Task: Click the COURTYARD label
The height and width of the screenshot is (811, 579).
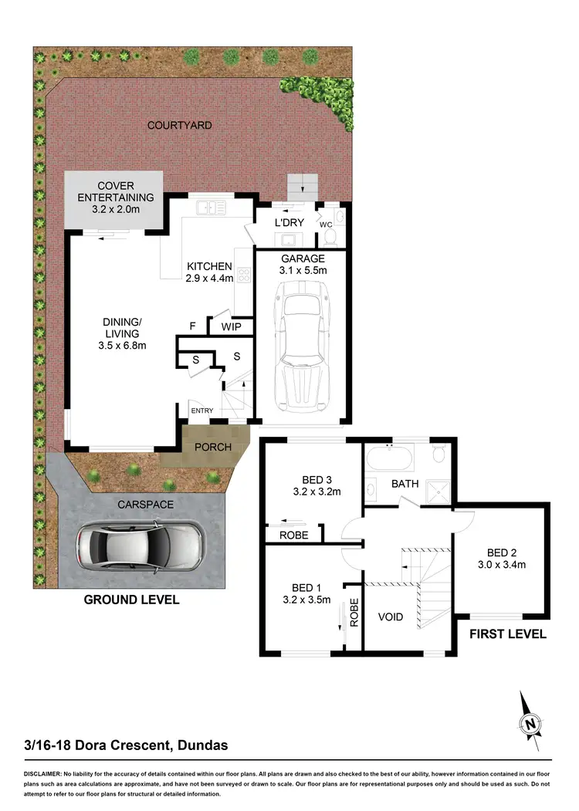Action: [x=179, y=125]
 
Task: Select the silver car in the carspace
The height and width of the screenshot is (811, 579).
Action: [x=140, y=546]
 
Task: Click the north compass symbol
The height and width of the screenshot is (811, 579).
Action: [x=530, y=722]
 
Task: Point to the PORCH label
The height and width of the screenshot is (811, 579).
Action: [x=212, y=447]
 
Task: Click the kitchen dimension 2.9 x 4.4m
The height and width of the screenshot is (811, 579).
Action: [x=210, y=279]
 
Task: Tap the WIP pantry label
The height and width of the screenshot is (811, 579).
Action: [x=232, y=327]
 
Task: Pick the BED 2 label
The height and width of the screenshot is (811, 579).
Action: [x=502, y=552]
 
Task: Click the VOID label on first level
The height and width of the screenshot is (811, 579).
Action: [x=391, y=618]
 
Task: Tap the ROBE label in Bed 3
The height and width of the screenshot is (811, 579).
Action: [x=294, y=535]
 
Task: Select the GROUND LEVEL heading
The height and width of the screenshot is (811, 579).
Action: [x=131, y=600]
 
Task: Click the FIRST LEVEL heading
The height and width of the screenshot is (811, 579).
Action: [x=507, y=634]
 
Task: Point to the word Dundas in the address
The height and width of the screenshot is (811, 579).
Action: [x=202, y=745]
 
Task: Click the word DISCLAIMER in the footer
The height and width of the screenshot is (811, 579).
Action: [x=48, y=772]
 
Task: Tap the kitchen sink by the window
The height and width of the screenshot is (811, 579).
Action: [x=210, y=207]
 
